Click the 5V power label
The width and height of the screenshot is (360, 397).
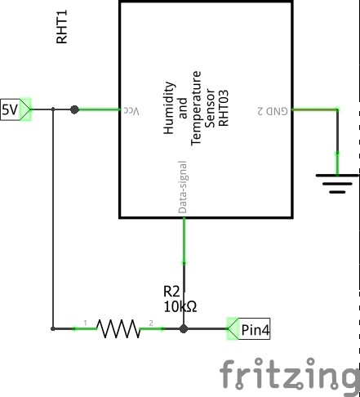click(16, 109)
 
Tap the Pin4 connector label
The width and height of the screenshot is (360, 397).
click(249, 329)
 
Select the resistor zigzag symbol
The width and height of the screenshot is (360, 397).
click(118, 329)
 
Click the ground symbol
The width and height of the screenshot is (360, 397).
click(337, 184)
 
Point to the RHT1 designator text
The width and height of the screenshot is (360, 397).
click(62, 27)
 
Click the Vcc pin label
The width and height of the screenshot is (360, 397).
click(131, 111)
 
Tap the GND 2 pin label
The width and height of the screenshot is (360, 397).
click(273, 111)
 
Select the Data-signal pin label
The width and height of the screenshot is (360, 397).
click(183, 187)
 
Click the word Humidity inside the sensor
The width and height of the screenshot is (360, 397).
click(169, 108)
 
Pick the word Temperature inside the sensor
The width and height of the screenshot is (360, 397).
click(196, 108)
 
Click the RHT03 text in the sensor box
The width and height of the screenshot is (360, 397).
click(223, 108)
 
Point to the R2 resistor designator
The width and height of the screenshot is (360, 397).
click(171, 292)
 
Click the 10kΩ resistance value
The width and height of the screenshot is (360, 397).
click(180, 306)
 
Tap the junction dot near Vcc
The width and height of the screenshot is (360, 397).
click(74, 109)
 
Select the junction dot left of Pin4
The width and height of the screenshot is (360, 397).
click(184, 329)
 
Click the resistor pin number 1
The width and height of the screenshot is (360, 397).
click(86, 323)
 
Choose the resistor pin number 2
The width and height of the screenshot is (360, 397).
click(151, 323)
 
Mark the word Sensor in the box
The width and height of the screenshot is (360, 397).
click(211, 108)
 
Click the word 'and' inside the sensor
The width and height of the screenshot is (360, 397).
click(183, 108)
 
